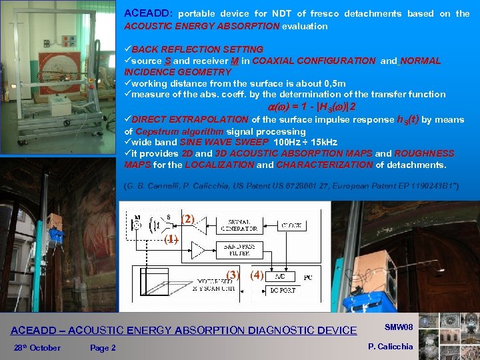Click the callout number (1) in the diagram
click(x=171, y=239)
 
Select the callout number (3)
click(x=233, y=274)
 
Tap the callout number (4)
click(x=257, y=274)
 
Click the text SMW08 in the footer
click(x=399, y=327)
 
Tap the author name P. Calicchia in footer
click(x=390, y=346)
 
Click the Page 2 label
click(x=103, y=347)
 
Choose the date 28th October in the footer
click(x=37, y=347)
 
